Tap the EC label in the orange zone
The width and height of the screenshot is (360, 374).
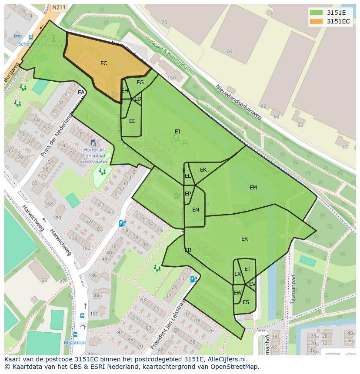[x=103, y=63]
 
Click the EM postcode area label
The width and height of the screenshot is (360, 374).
[x=253, y=188]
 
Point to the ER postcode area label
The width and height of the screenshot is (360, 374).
[x=244, y=239]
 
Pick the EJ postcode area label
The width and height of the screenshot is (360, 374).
[x=177, y=132]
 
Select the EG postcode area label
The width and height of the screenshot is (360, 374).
[x=140, y=83]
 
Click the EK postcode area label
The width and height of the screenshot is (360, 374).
[x=203, y=170]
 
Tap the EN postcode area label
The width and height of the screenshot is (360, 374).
[x=196, y=210]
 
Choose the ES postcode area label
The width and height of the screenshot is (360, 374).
[x=246, y=302]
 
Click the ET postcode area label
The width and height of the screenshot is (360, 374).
[x=247, y=269]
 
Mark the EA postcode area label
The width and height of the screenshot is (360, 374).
[x=81, y=93]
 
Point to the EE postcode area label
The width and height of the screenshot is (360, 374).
[x=132, y=121]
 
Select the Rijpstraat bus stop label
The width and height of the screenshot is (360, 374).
[x=75, y=342]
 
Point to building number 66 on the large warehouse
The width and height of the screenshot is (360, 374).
[x=229, y=51]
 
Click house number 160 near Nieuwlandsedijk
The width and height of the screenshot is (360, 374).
[x=171, y=78]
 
